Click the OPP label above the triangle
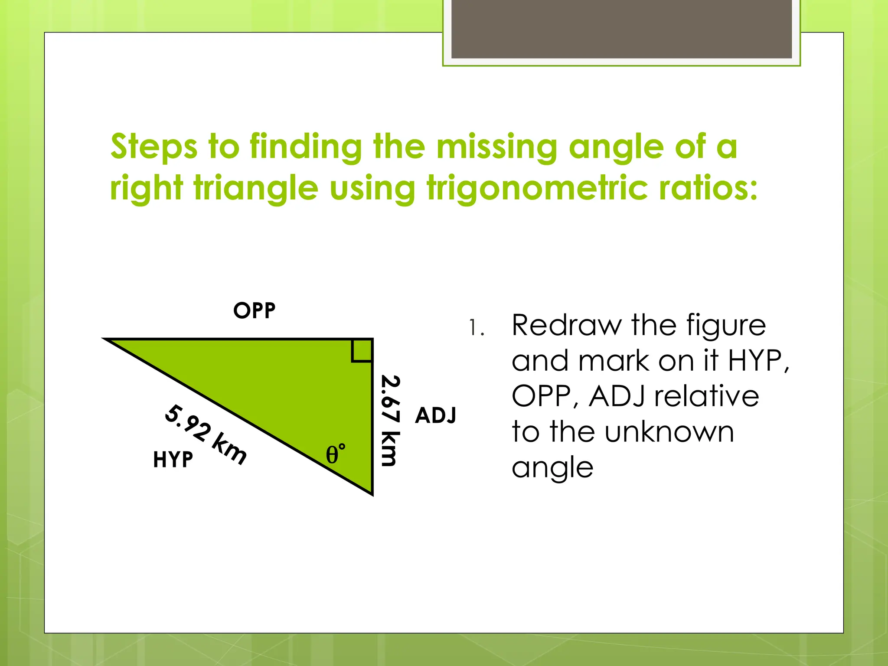coord(255,310)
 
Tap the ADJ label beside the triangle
coord(435,415)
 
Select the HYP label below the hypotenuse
coord(173,460)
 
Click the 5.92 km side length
coord(206,434)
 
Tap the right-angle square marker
coord(362,350)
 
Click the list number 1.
coord(476,328)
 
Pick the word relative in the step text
coord(706,396)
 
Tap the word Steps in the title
coord(154,147)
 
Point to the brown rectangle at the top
coord(621,29)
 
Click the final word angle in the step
coord(552,468)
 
